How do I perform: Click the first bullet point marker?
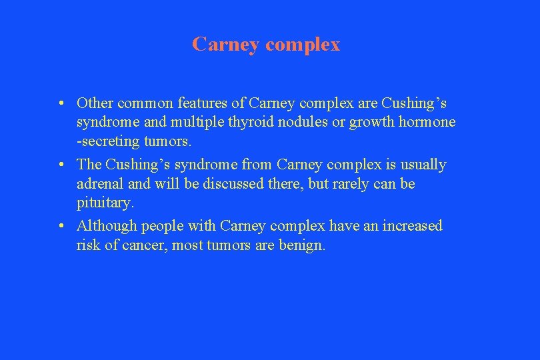[x=61, y=103]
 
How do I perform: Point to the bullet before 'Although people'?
[x=61, y=226]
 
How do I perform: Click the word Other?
[x=95, y=103]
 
